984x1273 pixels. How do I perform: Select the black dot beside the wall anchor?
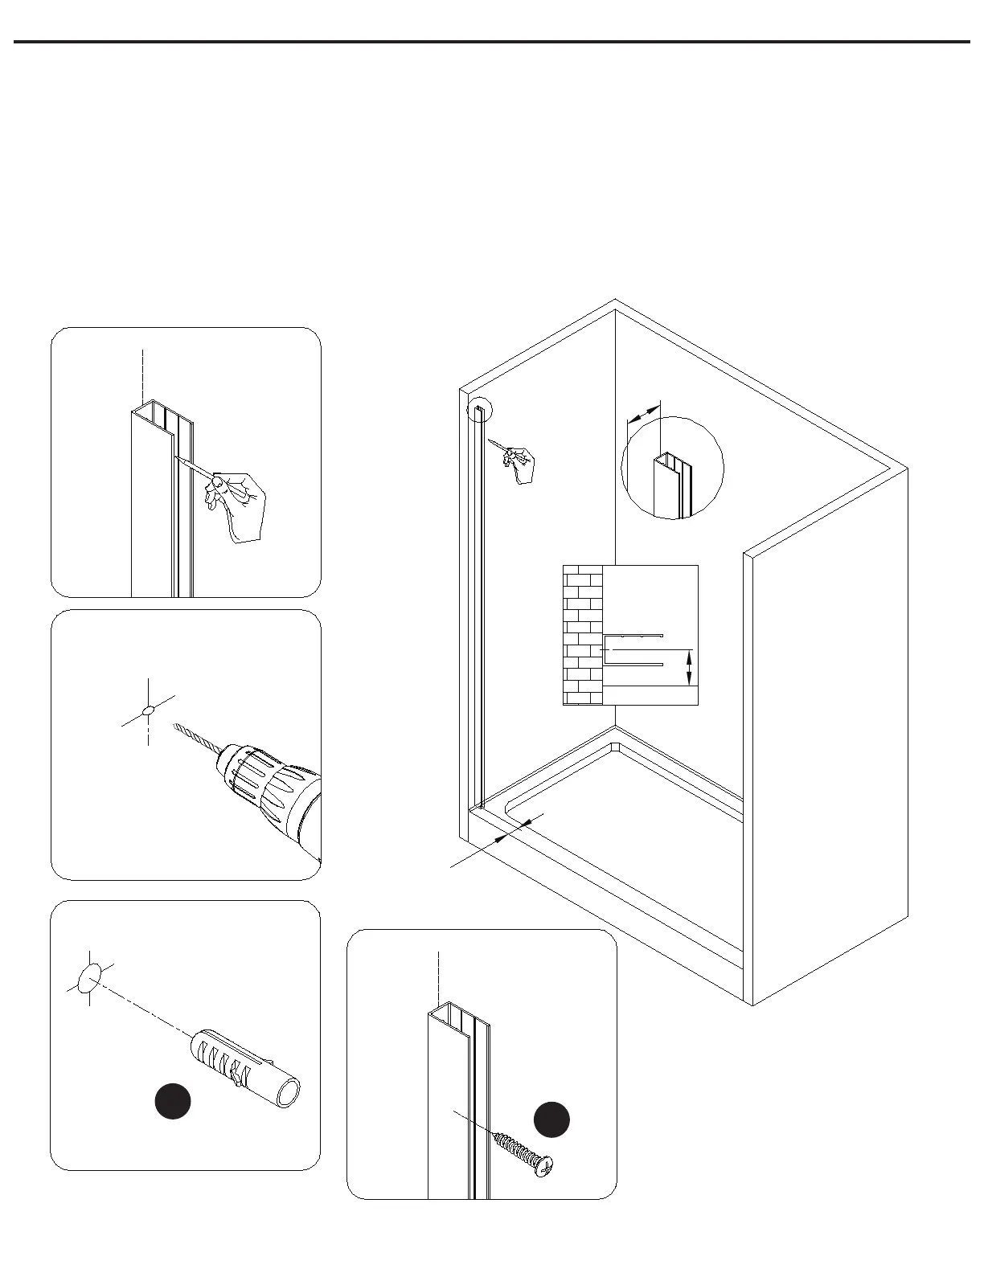pyautogui.click(x=173, y=1102)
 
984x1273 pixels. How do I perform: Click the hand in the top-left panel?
pyautogui.click(x=237, y=502)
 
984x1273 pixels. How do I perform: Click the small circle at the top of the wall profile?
pyautogui.click(x=479, y=412)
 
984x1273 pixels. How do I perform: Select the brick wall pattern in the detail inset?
pyautogui.click(x=584, y=635)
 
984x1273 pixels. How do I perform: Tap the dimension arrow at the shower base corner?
pyautogui.click(x=515, y=829)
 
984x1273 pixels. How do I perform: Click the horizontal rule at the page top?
pyautogui.click(x=491, y=42)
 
